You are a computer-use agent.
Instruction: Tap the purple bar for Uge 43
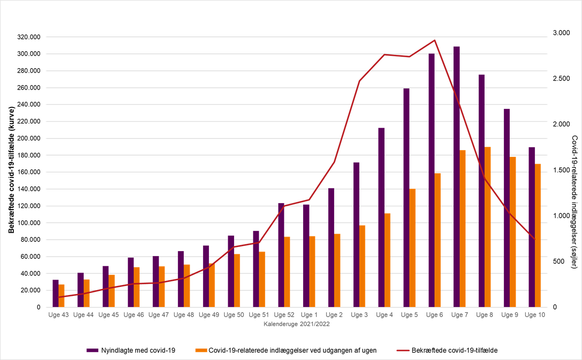pos(56,293)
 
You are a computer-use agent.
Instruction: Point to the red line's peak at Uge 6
pos(434,40)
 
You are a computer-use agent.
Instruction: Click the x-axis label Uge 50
pos(234,315)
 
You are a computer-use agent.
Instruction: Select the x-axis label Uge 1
pos(309,315)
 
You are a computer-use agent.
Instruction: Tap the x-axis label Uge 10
pos(534,315)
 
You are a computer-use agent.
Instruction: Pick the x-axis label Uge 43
pos(59,315)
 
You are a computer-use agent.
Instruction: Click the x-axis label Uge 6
pos(434,315)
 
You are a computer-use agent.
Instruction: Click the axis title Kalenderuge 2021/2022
pos(296,324)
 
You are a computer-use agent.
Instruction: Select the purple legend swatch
pos(92,350)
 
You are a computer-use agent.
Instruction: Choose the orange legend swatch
pos(201,350)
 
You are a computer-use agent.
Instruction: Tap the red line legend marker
pos(403,350)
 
